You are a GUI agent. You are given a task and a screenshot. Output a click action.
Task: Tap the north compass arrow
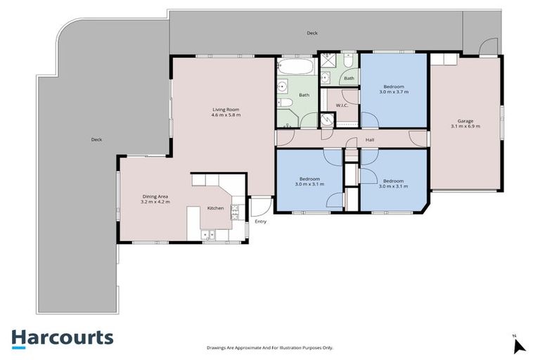(519, 345)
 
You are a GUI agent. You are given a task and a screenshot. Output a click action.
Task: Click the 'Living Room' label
(226, 109)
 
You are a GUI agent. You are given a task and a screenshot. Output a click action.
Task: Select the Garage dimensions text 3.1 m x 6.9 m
(465, 127)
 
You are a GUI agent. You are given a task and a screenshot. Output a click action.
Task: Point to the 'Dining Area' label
(155, 196)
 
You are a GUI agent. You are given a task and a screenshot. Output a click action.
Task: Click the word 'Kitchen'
(215, 208)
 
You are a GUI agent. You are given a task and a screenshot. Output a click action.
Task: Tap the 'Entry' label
(261, 221)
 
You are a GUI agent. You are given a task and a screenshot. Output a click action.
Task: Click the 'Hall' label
(369, 140)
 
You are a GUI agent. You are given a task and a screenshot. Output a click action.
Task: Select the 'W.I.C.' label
(342, 105)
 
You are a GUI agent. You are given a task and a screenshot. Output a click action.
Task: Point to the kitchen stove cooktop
(238, 211)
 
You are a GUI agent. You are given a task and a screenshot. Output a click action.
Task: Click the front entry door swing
(259, 207)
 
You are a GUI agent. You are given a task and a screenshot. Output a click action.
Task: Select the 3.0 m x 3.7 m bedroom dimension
(394, 92)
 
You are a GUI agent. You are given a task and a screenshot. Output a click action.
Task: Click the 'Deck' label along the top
(311, 33)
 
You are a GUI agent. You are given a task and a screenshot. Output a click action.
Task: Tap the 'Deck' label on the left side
(96, 139)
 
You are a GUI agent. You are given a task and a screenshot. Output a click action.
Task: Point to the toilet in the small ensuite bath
(349, 65)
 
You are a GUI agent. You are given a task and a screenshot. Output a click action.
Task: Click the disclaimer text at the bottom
(269, 347)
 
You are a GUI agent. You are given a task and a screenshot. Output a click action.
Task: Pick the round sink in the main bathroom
(283, 88)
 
